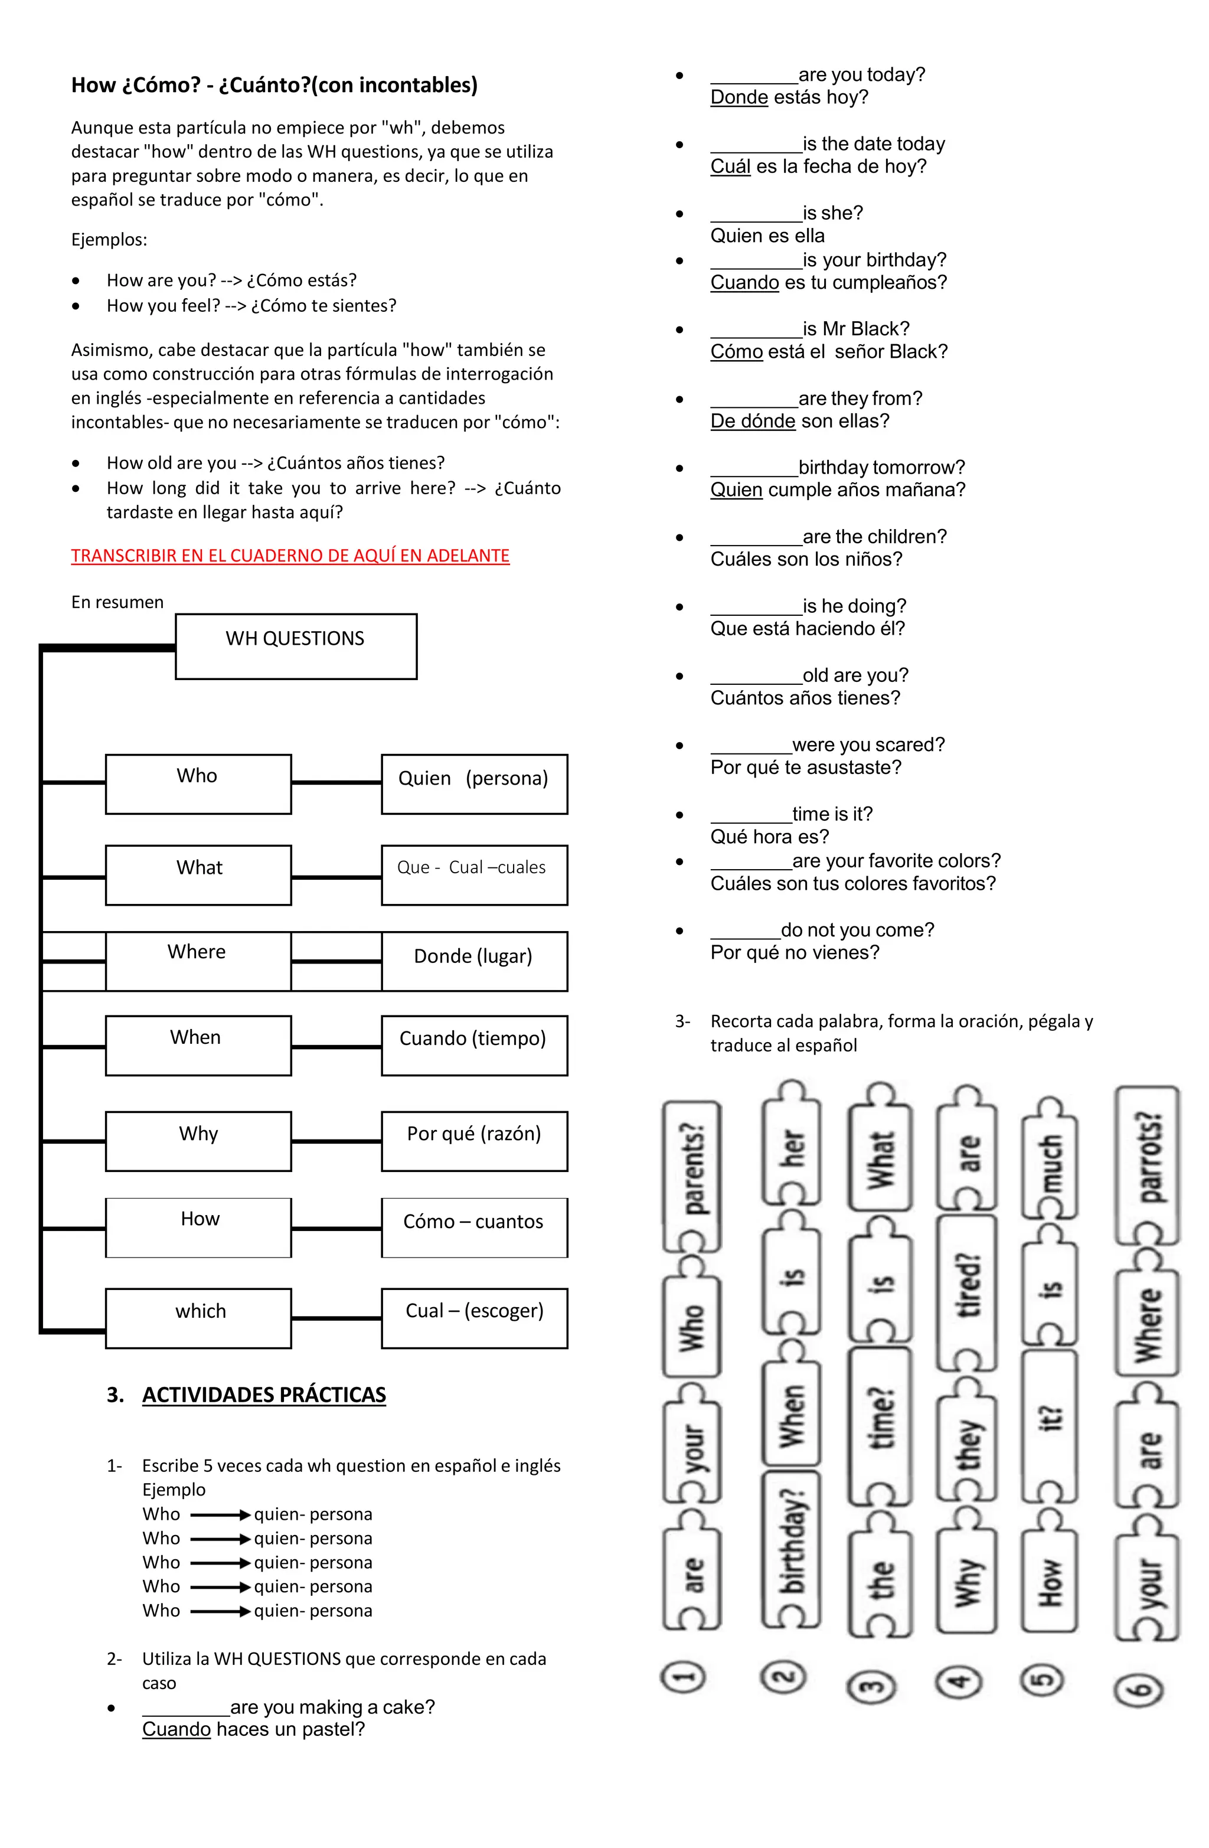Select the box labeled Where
click(198, 961)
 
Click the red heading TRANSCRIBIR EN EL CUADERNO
click(290, 556)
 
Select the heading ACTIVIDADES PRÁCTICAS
click(263, 1395)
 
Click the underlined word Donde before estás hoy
click(739, 98)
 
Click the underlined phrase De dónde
click(753, 422)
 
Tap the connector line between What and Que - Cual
click(336, 877)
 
